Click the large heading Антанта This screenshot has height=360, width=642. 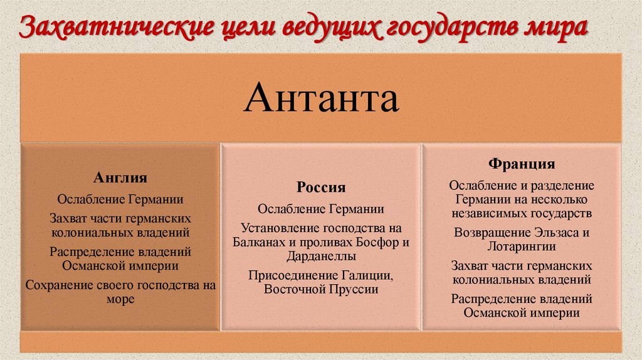click(321, 99)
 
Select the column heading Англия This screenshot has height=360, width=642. click(120, 178)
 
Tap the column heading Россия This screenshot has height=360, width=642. click(321, 188)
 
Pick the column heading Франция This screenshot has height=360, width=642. click(522, 164)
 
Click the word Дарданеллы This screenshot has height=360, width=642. click(321, 256)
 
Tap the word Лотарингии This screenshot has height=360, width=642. click(522, 246)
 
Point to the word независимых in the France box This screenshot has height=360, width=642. click(485, 213)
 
